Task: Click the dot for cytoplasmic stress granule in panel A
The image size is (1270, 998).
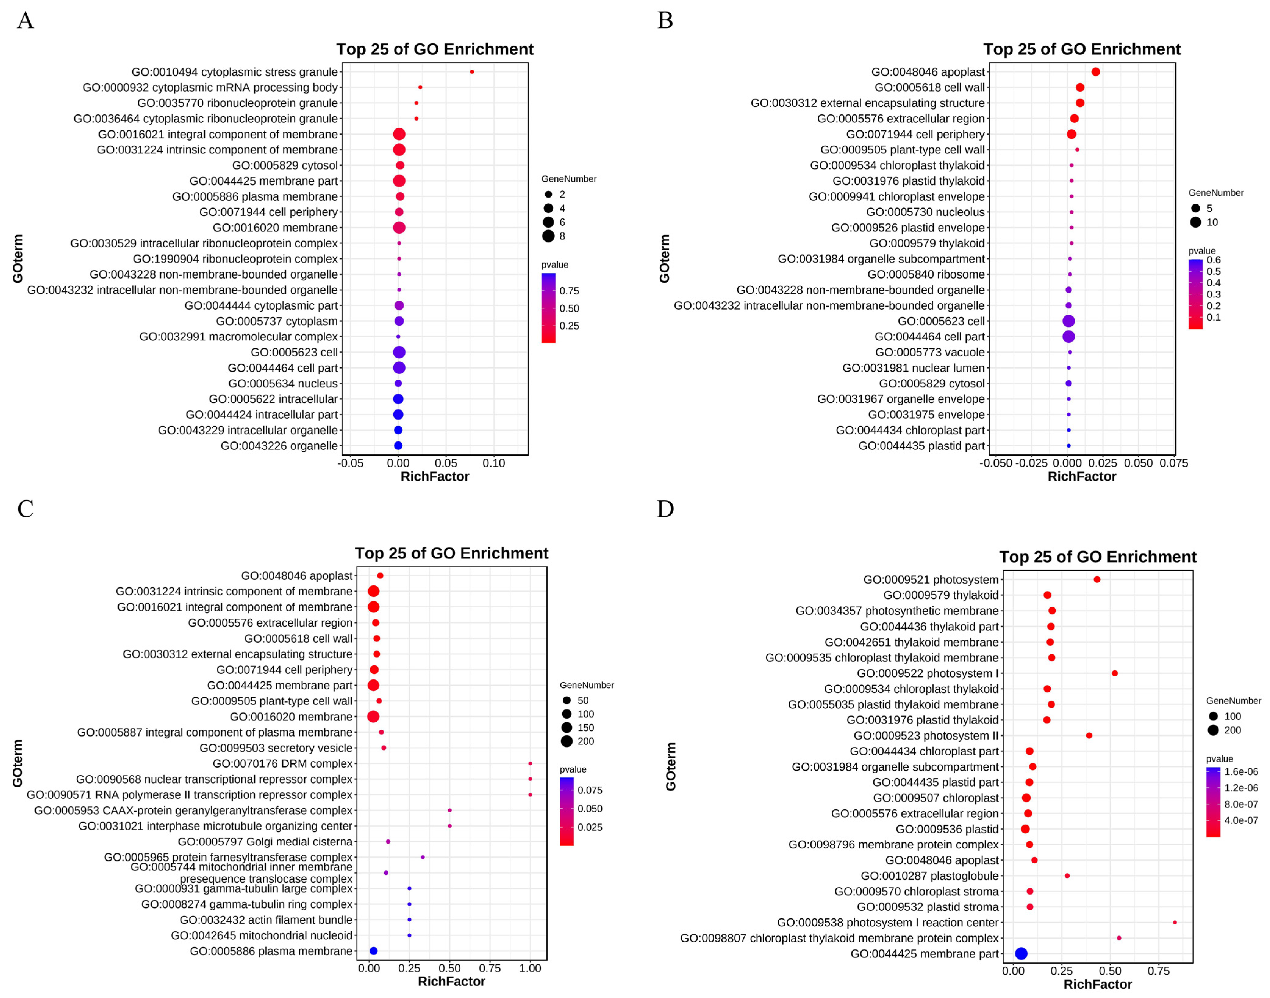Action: [x=472, y=72]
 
